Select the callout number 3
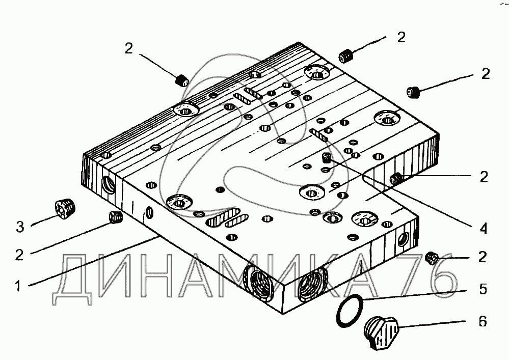19,227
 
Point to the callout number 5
483,289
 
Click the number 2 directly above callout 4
483,177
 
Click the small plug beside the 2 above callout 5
432,259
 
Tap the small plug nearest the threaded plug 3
116,218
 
